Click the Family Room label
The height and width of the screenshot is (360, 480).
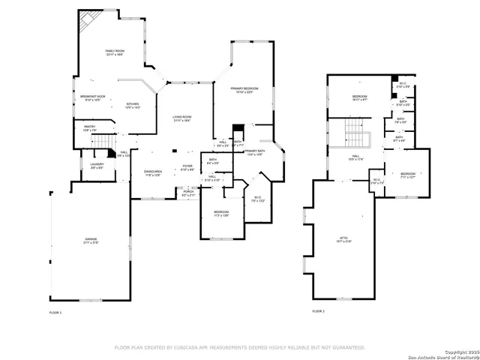click(115, 52)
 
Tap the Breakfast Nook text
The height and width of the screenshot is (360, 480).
click(93, 97)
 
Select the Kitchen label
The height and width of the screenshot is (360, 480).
click(132, 104)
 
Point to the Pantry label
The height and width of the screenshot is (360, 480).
click(89, 127)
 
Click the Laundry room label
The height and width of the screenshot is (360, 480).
click(97, 164)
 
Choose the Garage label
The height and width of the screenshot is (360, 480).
click(90, 240)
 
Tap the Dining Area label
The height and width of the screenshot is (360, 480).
click(153, 172)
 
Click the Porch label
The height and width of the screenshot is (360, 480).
click(189, 191)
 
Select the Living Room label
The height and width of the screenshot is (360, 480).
click(182, 118)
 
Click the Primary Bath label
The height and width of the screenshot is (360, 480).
click(255, 152)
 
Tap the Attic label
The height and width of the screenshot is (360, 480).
click(344, 238)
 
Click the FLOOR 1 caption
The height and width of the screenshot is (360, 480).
click(55, 311)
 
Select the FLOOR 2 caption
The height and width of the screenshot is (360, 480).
click(318, 311)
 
